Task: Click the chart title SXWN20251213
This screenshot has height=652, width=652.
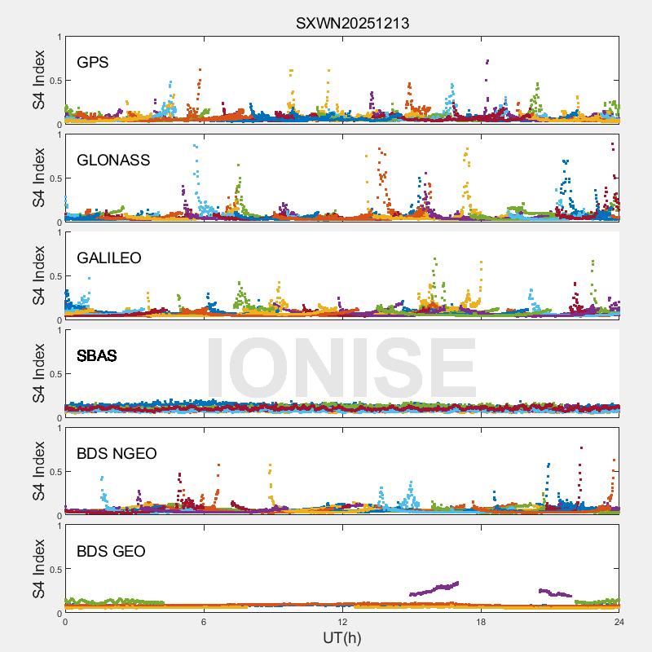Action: tap(352, 24)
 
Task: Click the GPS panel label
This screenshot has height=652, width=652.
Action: tap(92, 62)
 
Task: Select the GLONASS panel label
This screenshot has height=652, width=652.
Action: tap(113, 160)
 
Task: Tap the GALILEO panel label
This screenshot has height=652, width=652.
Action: tap(108, 258)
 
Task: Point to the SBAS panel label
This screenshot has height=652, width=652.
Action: tap(96, 355)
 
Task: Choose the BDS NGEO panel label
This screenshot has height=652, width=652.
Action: tap(117, 453)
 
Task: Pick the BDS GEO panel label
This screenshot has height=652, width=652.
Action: tap(111, 551)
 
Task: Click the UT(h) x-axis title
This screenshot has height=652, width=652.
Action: tap(341, 637)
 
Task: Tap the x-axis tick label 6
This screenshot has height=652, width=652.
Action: tap(204, 622)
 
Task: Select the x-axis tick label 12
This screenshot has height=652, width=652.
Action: tap(342, 622)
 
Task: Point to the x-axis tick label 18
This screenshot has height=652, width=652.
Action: tap(481, 622)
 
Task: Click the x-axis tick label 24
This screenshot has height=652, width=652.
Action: tap(619, 622)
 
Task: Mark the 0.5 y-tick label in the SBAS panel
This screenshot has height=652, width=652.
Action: tap(53, 374)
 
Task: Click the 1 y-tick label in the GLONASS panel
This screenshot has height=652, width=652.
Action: tap(59, 134)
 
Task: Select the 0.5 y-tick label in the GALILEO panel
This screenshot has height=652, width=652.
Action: tap(53, 276)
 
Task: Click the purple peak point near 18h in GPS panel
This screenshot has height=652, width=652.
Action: tap(487, 61)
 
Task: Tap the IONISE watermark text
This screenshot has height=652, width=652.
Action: tap(341, 367)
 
